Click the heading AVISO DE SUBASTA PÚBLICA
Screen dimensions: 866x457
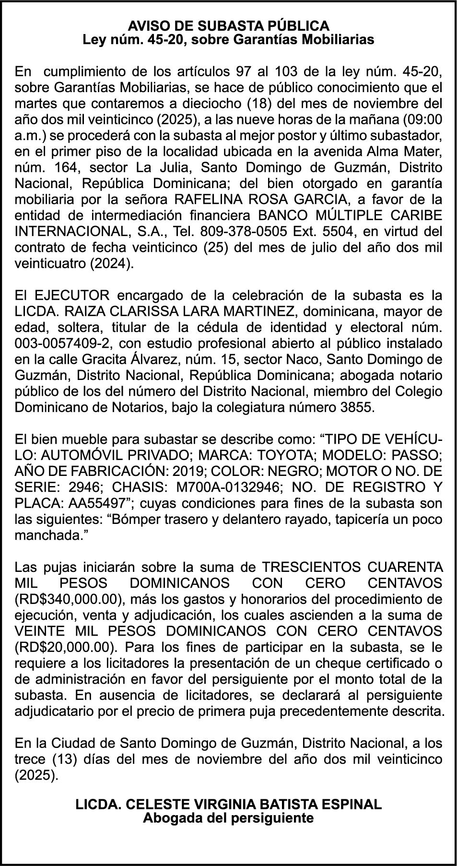[228, 25]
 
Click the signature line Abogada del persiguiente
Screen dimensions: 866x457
[228, 818]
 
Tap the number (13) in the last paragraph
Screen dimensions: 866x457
[57, 759]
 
